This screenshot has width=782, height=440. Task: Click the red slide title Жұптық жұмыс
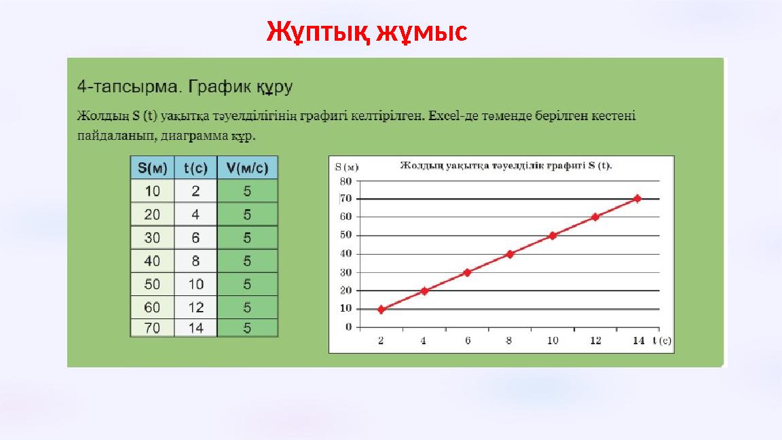coord(367,31)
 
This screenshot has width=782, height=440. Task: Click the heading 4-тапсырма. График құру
coord(185,88)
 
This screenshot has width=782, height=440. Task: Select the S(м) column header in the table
coord(152,168)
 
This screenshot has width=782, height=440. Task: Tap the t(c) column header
coord(195,168)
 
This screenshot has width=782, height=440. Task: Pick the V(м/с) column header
coord(247,168)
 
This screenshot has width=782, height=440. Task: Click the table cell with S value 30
coord(152,238)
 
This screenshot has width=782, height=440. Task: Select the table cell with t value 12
coord(195,308)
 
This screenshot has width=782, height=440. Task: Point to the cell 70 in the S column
coord(152,329)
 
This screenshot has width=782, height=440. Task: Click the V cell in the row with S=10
coord(247,191)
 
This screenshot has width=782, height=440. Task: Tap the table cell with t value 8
coord(195,261)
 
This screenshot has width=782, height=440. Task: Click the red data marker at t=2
coord(381,309)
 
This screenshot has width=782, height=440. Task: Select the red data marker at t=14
coord(637,198)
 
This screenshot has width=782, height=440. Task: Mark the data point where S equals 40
coord(510,254)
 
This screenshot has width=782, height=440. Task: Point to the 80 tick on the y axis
coord(346,181)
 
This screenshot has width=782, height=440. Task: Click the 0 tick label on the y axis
coord(348,327)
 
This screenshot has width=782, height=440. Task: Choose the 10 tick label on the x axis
coord(553,341)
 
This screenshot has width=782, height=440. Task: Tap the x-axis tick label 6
coord(467,341)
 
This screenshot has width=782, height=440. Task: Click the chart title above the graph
coord(506,165)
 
